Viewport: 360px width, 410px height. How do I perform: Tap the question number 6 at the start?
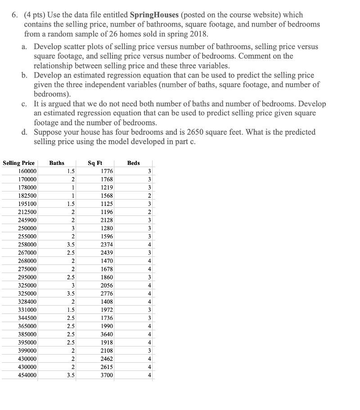(x=14, y=15)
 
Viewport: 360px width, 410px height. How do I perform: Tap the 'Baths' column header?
(x=57, y=163)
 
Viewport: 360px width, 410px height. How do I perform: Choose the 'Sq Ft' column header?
(x=95, y=163)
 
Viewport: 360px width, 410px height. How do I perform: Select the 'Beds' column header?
(x=134, y=163)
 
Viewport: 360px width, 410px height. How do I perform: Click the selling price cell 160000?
(x=27, y=171)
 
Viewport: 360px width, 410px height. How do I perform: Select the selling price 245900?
(x=27, y=220)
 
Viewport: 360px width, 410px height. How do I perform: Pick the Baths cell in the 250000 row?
(x=71, y=228)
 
